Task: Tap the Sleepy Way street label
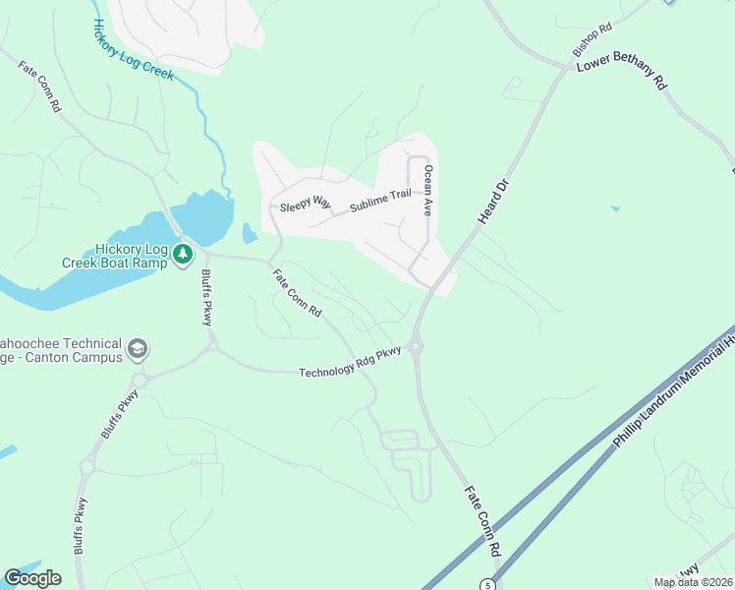pos(306,203)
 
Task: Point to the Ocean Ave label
pos(428,190)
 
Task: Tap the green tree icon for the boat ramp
pos(183,255)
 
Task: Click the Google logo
pos(32,578)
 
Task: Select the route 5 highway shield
pos(487,584)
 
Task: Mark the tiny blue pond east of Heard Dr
pos(614,207)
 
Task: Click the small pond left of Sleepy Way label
pos(249,233)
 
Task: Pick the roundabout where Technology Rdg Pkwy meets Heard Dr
pos(416,345)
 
